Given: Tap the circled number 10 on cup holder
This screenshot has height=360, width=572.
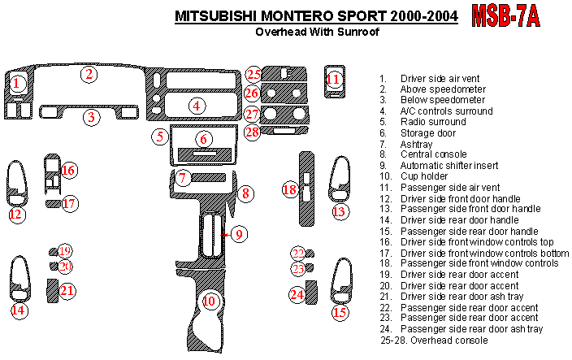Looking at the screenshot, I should [x=210, y=301].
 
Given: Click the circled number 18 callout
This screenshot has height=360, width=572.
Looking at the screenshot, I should [x=290, y=190].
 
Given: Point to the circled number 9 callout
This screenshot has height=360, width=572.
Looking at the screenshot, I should [x=237, y=235].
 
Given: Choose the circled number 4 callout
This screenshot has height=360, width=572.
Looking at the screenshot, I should [x=196, y=105].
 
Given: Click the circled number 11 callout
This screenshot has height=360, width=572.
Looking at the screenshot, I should [x=334, y=80].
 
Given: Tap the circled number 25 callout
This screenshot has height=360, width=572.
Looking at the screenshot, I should [x=253, y=75].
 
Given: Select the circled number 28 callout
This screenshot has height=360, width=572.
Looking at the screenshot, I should [x=253, y=132].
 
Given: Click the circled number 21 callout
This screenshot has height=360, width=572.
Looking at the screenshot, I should [x=67, y=291].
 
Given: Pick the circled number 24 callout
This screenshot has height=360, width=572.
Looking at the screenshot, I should [x=298, y=294].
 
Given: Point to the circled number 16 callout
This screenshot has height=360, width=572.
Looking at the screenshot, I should [x=68, y=170].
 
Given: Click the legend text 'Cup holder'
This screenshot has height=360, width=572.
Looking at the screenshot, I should [x=422, y=176].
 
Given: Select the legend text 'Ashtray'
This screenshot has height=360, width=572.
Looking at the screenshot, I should [x=418, y=143].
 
